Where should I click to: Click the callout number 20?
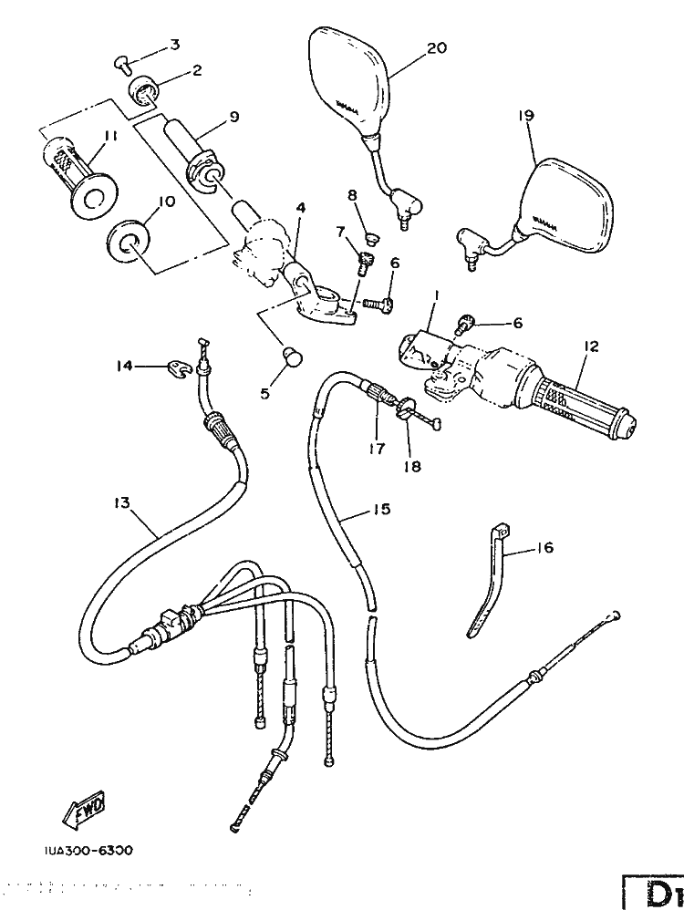[437, 48]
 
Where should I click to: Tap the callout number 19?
[526, 116]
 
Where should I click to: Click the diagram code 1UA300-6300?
[87, 850]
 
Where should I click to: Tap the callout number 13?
[122, 502]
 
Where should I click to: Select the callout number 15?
[381, 509]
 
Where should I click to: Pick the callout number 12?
[591, 346]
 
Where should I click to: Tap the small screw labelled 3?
[123, 62]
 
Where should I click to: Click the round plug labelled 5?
[292, 356]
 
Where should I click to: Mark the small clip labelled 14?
[177, 367]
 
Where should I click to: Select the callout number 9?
[233, 117]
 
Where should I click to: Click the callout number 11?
[110, 136]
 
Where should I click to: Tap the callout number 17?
[376, 448]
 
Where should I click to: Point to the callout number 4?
[299, 208]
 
